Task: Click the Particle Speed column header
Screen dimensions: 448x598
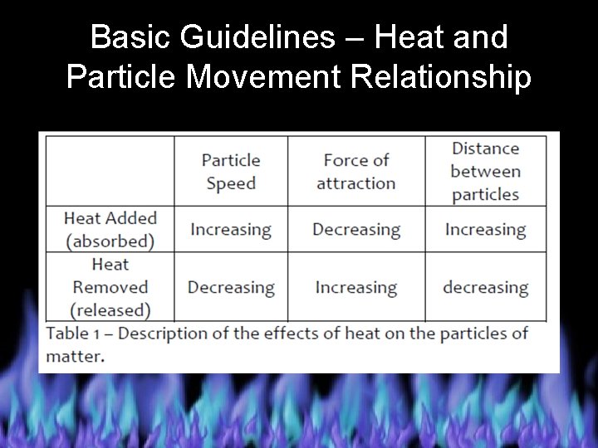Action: pyautogui.click(x=231, y=172)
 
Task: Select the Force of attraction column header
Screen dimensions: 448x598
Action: pyautogui.click(x=356, y=172)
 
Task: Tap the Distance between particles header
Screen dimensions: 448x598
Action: pyautogui.click(x=486, y=172)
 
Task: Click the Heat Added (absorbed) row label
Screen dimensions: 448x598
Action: pyautogui.click(x=110, y=230)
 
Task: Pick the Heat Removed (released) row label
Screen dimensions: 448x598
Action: pyautogui.click(x=110, y=287)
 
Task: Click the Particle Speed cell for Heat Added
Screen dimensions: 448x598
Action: pyautogui.click(x=231, y=230)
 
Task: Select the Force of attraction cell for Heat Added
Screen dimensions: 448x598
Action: pyautogui.click(x=356, y=230)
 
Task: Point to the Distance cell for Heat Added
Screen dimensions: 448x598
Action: pyautogui.click(x=486, y=230)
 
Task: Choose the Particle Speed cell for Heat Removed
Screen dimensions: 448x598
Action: pyautogui.click(x=231, y=288)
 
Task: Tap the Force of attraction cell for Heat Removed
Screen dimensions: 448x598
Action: pyautogui.click(x=356, y=288)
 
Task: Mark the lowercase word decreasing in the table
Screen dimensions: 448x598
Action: pyautogui.click(x=486, y=288)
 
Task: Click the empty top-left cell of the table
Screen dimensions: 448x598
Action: pyautogui.click(x=110, y=170)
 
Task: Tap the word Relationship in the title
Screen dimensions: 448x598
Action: pyautogui.click(x=442, y=77)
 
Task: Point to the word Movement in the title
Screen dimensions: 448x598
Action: pyautogui.click(x=270, y=77)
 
